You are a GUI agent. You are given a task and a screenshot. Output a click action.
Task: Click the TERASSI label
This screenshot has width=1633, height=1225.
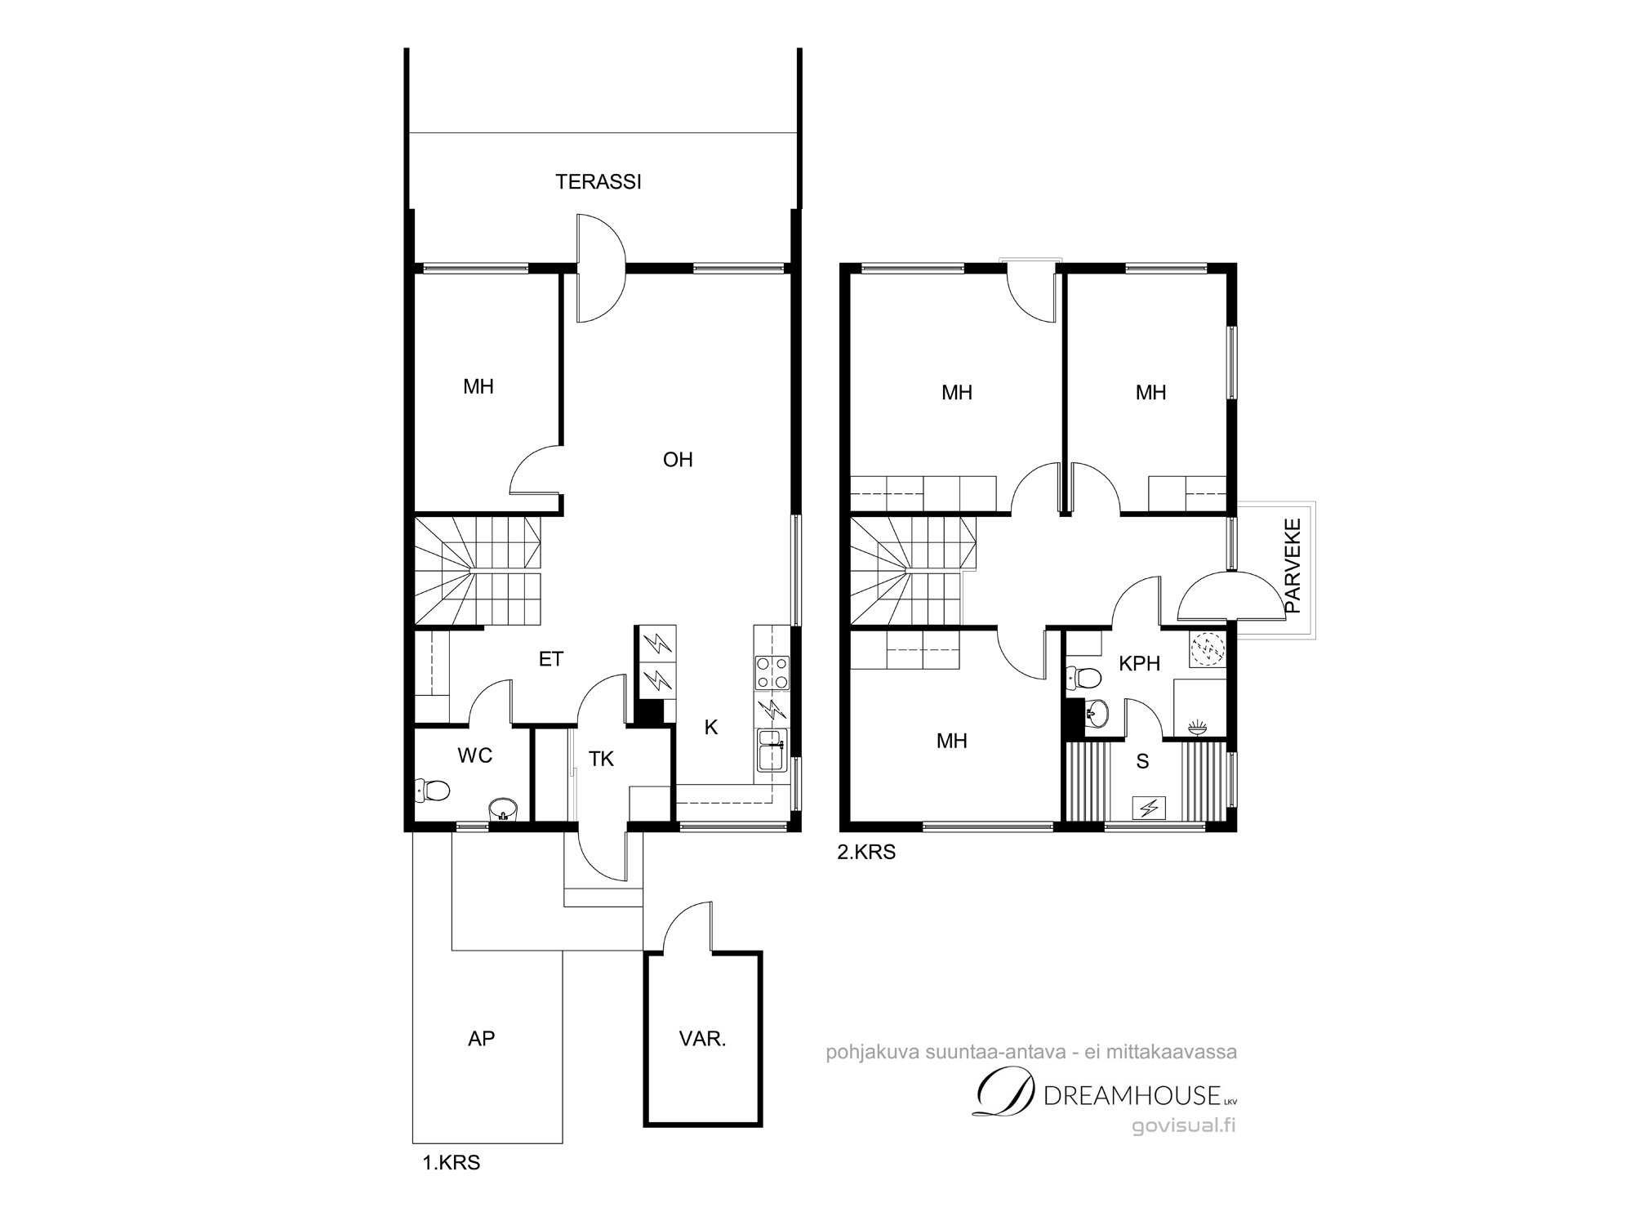point(598,182)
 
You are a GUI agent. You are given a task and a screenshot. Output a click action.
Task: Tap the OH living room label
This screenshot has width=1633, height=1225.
point(678,460)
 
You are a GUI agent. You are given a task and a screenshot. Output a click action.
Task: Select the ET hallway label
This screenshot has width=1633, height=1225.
point(551,659)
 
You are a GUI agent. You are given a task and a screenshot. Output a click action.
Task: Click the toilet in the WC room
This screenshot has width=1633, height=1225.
point(433,791)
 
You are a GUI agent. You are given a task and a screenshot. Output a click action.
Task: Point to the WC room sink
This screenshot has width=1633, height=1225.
point(503,809)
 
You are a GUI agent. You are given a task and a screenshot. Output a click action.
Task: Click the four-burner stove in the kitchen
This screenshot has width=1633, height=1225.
point(772,673)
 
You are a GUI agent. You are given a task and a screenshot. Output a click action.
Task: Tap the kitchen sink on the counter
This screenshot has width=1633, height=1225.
point(772,750)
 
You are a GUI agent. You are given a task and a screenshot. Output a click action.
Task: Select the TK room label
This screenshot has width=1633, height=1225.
point(601,759)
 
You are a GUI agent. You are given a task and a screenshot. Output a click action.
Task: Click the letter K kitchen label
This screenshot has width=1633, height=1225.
point(711,728)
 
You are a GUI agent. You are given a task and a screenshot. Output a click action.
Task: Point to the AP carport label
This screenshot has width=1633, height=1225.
point(482,1039)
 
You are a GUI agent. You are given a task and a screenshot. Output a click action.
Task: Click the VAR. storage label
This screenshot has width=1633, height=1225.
point(703,1040)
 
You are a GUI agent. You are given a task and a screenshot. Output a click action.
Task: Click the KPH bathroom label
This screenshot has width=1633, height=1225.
point(1140,664)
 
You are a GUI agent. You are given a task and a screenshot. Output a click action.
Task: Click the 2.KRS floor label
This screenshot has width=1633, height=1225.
point(866,853)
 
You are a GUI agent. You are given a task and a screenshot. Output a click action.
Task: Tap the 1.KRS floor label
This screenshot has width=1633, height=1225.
point(451,1163)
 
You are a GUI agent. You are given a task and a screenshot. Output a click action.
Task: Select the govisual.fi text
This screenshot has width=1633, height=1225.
point(1183,1126)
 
